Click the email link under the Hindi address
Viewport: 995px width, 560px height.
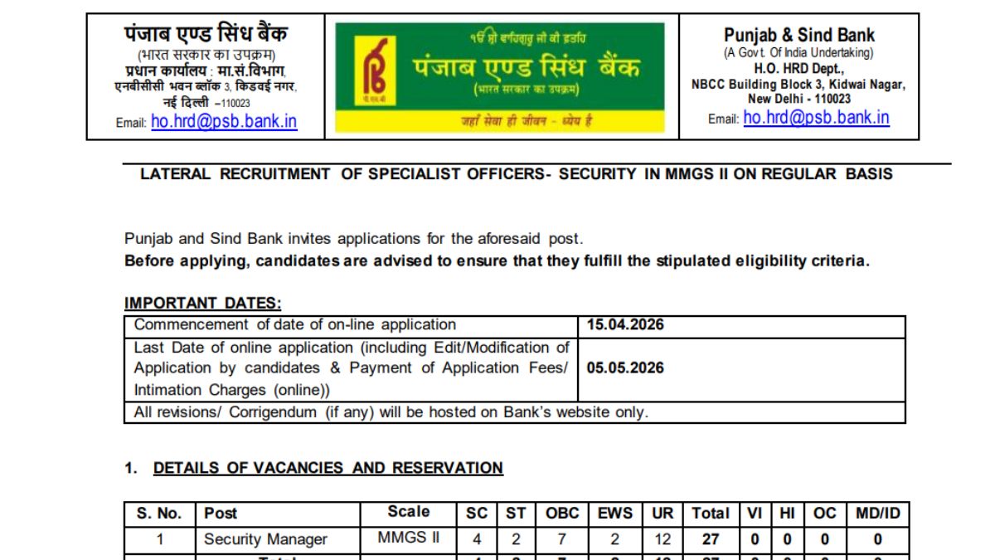(x=224, y=121)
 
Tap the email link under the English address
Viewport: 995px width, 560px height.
(x=816, y=118)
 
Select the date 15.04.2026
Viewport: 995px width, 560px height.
(x=626, y=325)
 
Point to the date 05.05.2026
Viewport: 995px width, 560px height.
(x=626, y=368)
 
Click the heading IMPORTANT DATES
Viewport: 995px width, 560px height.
(x=203, y=304)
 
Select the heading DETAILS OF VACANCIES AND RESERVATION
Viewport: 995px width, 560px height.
(x=328, y=468)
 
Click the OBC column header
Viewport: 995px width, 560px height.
(x=562, y=514)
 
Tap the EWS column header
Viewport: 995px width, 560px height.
(x=615, y=514)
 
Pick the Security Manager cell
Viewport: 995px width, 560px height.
(x=265, y=539)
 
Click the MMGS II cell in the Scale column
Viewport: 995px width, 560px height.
(x=409, y=538)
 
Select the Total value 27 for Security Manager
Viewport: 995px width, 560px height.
(x=711, y=539)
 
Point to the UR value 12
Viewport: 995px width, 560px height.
(x=663, y=539)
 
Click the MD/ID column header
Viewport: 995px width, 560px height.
(x=877, y=514)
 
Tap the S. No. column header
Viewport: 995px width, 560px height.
(x=159, y=514)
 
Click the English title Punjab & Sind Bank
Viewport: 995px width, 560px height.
(x=798, y=35)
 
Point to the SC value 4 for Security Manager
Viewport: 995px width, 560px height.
(x=477, y=539)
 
